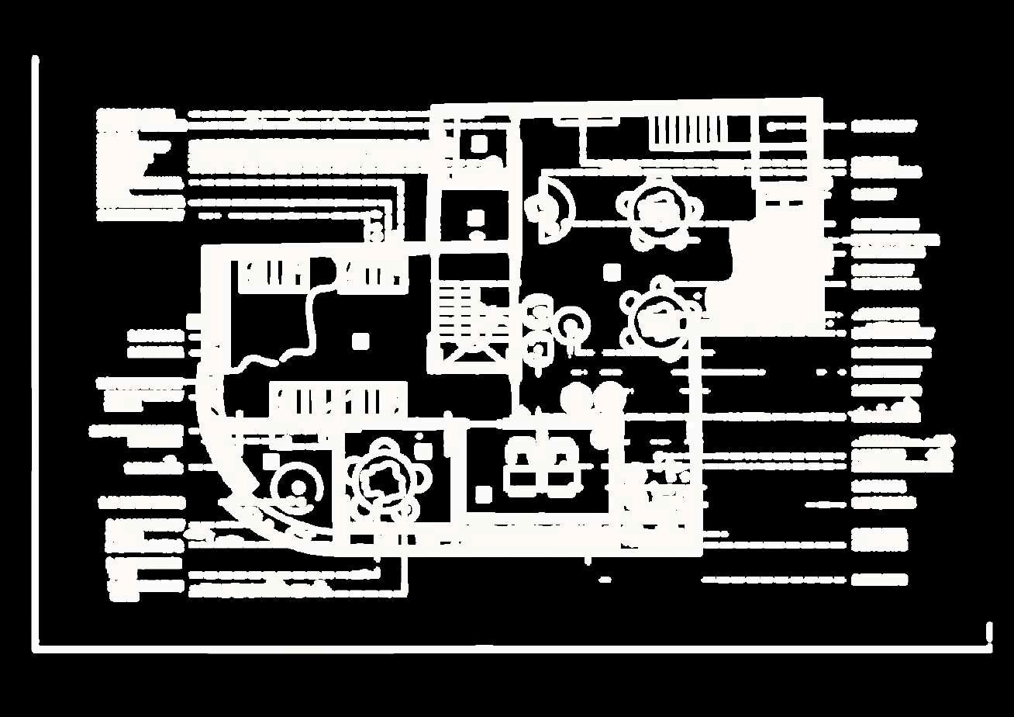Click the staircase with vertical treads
pos(688,130)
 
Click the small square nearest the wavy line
pos(360,340)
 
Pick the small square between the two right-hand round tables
pos(612,271)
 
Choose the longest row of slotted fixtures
pos(337,401)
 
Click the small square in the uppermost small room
pos(478,144)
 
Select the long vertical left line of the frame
pos(35,349)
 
